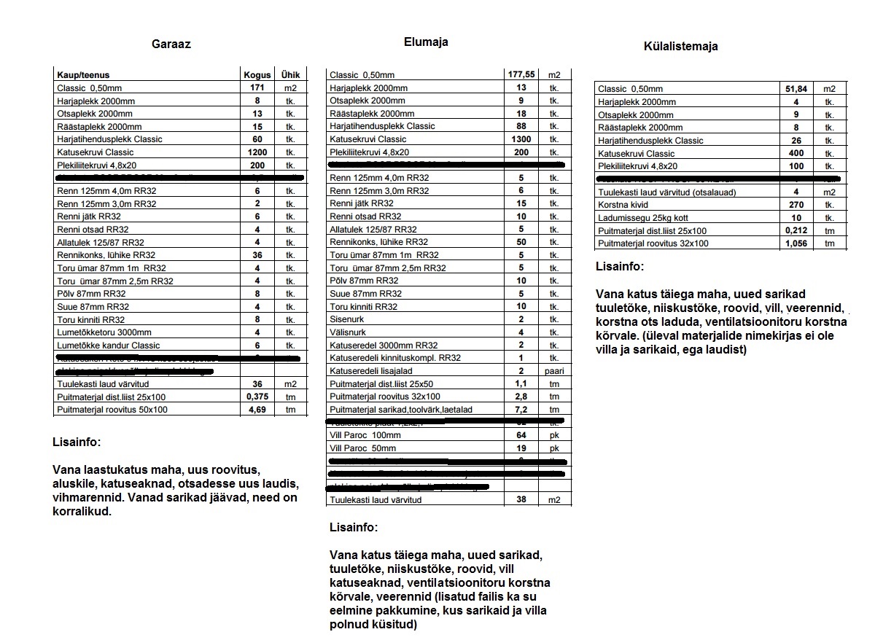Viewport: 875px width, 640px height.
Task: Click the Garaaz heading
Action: (171, 44)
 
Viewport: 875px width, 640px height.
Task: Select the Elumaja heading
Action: (426, 42)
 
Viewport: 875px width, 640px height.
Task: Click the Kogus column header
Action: (257, 75)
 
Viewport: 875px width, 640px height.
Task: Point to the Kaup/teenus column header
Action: (83, 75)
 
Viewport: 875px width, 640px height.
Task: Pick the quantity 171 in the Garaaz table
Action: (257, 87)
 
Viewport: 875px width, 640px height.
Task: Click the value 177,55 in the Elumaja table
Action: (521, 74)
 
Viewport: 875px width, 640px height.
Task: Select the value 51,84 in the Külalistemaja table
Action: (796, 89)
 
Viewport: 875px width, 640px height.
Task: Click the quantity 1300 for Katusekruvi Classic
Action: (521, 138)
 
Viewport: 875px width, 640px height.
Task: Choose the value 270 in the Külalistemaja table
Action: (796, 205)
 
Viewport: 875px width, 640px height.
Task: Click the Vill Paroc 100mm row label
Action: (365, 435)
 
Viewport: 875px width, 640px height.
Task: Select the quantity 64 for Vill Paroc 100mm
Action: (521, 435)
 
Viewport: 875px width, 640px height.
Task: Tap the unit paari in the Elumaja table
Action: (554, 371)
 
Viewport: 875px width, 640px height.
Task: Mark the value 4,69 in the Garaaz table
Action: (257, 410)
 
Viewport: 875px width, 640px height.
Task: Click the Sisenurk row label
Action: (347, 319)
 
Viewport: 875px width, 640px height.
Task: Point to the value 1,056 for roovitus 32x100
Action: (796, 243)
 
